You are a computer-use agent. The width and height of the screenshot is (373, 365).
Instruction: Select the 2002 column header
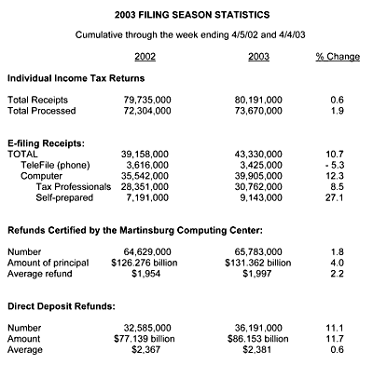145,58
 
